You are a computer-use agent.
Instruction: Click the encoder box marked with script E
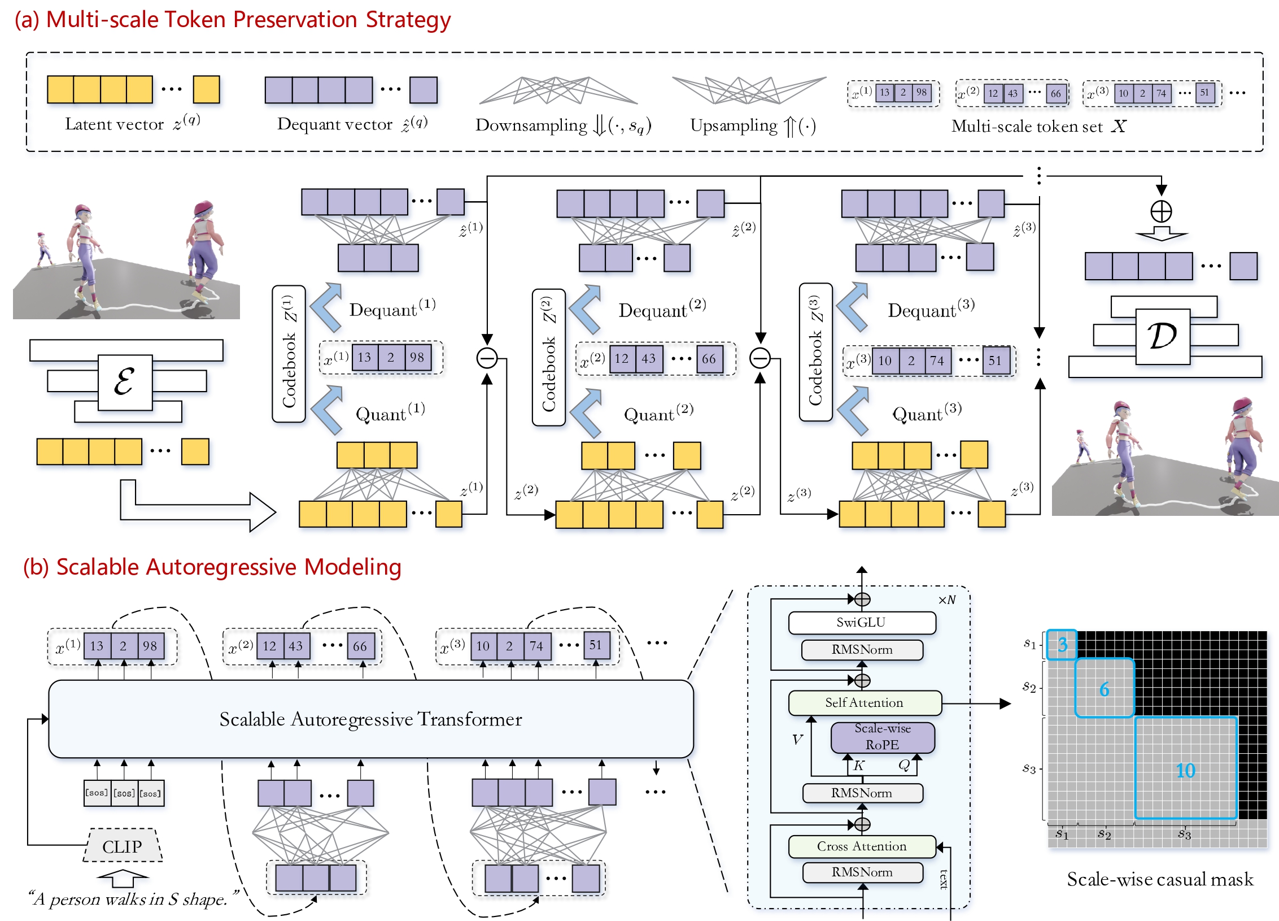point(125,383)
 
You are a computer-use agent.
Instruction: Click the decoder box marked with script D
point(1162,337)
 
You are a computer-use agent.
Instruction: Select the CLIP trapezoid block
point(123,846)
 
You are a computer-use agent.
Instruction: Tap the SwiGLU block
point(862,623)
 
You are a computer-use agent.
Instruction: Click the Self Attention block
point(865,703)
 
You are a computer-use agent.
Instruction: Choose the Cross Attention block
point(862,846)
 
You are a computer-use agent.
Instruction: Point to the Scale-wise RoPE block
point(883,737)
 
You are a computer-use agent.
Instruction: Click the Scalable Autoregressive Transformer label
point(370,719)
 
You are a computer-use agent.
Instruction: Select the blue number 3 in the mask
point(1062,645)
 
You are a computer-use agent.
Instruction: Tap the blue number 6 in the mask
point(1104,689)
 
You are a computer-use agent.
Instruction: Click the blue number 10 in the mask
point(1185,770)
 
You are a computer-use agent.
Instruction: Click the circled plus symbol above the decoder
point(1161,211)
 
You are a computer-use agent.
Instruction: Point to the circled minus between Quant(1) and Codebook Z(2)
point(487,358)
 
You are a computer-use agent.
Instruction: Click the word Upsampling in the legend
point(734,125)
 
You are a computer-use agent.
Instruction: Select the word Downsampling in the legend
point(531,125)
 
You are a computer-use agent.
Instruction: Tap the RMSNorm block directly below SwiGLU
point(862,650)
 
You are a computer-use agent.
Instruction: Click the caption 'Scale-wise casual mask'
point(1160,879)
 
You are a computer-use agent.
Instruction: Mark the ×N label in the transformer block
point(947,600)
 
